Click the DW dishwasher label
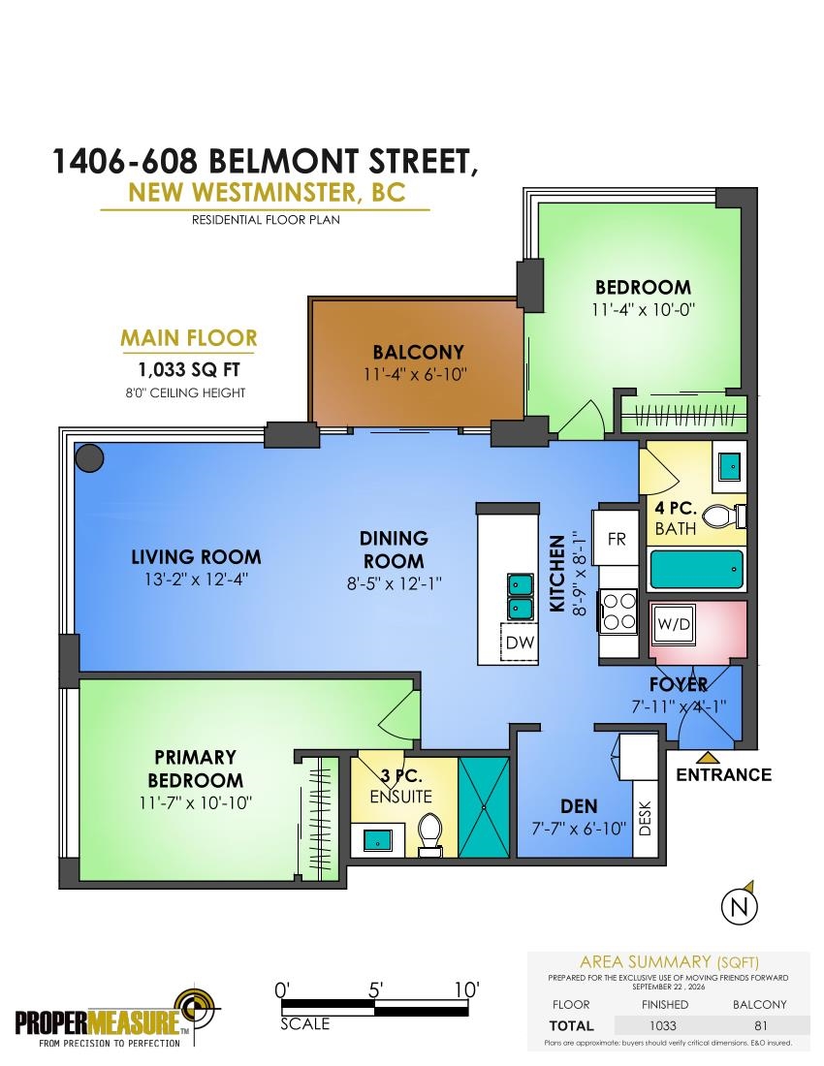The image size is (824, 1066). (521, 642)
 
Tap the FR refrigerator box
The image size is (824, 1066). (616, 538)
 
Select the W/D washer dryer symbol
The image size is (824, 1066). (674, 624)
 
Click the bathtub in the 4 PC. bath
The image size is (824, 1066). (696, 570)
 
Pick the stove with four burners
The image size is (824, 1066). (618, 611)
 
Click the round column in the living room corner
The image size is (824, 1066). (89, 457)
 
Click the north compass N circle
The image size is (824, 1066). (739, 906)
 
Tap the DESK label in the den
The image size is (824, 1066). (646, 818)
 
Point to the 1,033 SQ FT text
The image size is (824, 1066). (188, 369)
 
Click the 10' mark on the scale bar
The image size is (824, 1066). (466, 989)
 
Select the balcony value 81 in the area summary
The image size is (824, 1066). (760, 1026)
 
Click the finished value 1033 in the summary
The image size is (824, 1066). (662, 1026)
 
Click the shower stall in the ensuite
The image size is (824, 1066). (484, 807)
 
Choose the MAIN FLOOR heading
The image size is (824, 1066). (188, 338)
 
